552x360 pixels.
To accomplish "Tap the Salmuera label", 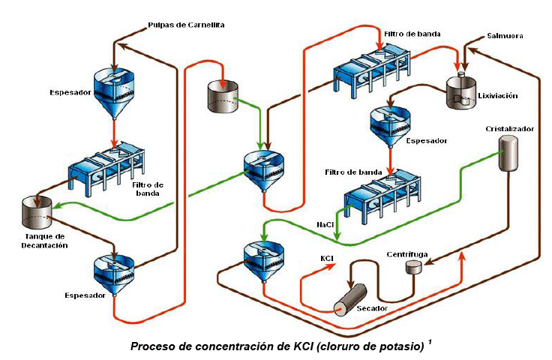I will pyautogui.click(x=504, y=35).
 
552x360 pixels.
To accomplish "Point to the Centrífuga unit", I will pyautogui.click(x=414, y=267).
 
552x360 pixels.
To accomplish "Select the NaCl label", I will pyautogui.click(x=325, y=224).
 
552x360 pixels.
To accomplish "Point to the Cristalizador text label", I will pyautogui.click(x=509, y=128).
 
